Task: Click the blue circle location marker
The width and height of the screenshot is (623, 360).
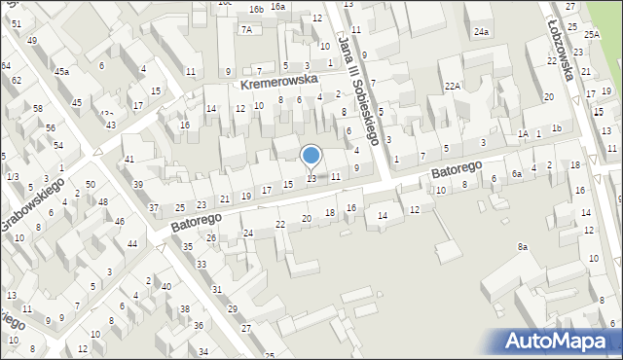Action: [311, 155]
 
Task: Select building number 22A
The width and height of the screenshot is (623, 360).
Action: [452, 87]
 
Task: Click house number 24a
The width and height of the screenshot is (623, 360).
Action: [481, 32]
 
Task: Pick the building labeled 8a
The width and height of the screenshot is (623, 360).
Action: [522, 247]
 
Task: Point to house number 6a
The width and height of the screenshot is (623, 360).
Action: [517, 173]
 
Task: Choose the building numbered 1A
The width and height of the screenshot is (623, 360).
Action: [523, 133]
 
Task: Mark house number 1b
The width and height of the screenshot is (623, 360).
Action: [556, 128]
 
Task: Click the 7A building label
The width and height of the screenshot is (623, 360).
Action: [246, 29]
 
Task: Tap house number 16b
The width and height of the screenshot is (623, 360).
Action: [255, 9]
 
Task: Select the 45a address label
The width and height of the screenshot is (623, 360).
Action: [61, 71]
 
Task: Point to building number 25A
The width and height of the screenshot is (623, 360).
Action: [592, 34]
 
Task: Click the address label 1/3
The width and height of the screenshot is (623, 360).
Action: [12, 176]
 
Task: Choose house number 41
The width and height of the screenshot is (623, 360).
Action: [128, 159]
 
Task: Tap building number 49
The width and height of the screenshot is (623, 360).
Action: [32, 40]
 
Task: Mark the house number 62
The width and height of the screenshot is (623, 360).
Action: [17, 80]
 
